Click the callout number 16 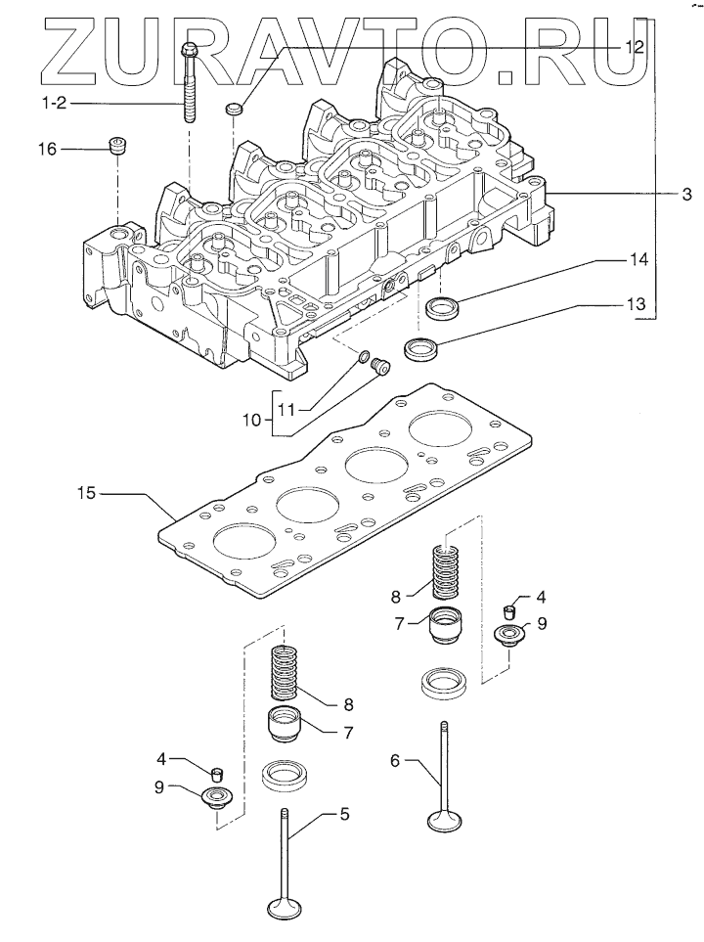tap(48, 149)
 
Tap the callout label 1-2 tap(53, 104)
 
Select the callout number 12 tap(635, 46)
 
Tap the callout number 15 tap(86, 493)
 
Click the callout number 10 tap(253, 420)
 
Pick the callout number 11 tap(287, 409)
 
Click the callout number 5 tap(344, 814)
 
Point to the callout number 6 tap(395, 761)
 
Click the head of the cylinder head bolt tap(189, 48)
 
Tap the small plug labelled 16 tap(117, 146)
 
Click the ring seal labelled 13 tap(421, 349)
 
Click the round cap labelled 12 tap(233, 110)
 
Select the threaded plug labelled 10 tap(380, 367)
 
